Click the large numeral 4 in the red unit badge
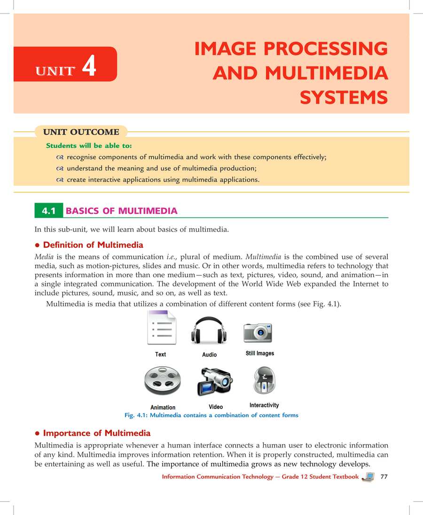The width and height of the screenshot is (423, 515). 89,65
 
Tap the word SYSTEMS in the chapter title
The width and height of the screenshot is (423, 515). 344,98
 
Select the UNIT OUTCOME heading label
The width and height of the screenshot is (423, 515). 81,132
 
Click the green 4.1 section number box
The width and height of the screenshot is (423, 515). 49,211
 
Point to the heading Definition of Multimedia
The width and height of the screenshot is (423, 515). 93,245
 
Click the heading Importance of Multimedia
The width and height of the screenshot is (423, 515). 96,432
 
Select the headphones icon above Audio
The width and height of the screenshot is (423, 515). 209,331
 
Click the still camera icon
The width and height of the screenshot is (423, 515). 258,332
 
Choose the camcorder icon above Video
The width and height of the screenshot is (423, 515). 215,380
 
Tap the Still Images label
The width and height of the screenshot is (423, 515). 259,353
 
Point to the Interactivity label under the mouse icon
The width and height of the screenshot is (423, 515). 264,405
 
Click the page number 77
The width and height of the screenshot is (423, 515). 384,477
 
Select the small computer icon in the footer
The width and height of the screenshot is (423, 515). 369,477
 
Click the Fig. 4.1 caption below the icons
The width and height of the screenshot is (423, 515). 211,415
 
